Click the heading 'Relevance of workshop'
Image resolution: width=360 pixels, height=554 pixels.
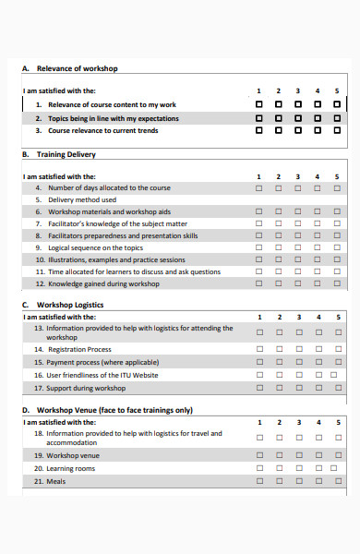coord(77,68)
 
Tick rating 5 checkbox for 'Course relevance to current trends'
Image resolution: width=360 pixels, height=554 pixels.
coord(337,130)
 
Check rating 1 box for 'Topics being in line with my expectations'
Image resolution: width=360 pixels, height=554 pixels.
coord(258,118)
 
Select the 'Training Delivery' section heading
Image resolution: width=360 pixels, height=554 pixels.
coord(66,155)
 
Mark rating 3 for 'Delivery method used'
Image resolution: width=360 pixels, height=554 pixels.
coord(297,199)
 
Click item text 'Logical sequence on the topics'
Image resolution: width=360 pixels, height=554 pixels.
coord(96,247)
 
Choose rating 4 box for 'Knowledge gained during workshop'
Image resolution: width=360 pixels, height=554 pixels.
coord(318,283)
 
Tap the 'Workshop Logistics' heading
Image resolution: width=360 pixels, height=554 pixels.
coord(70,305)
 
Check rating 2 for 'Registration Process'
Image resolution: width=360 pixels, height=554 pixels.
coord(279,350)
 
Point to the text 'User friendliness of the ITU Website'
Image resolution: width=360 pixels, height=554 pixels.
coord(102,375)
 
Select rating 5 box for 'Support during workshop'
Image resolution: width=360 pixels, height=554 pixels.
coord(337,388)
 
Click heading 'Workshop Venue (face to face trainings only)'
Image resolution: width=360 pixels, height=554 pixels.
coord(114,410)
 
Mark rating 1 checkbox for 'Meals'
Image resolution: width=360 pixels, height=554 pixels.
coord(258,481)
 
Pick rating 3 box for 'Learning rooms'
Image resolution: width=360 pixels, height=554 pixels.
coord(297,468)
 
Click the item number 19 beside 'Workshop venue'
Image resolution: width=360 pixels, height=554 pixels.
coord(39,455)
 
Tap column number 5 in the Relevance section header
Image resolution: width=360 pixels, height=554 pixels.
coord(337,90)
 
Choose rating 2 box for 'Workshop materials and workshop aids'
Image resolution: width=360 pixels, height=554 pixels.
coord(279,211)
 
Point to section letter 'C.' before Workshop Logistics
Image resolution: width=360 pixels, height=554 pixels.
coord(25,305)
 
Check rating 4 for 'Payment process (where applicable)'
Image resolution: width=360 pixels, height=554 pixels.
coord(318,363)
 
